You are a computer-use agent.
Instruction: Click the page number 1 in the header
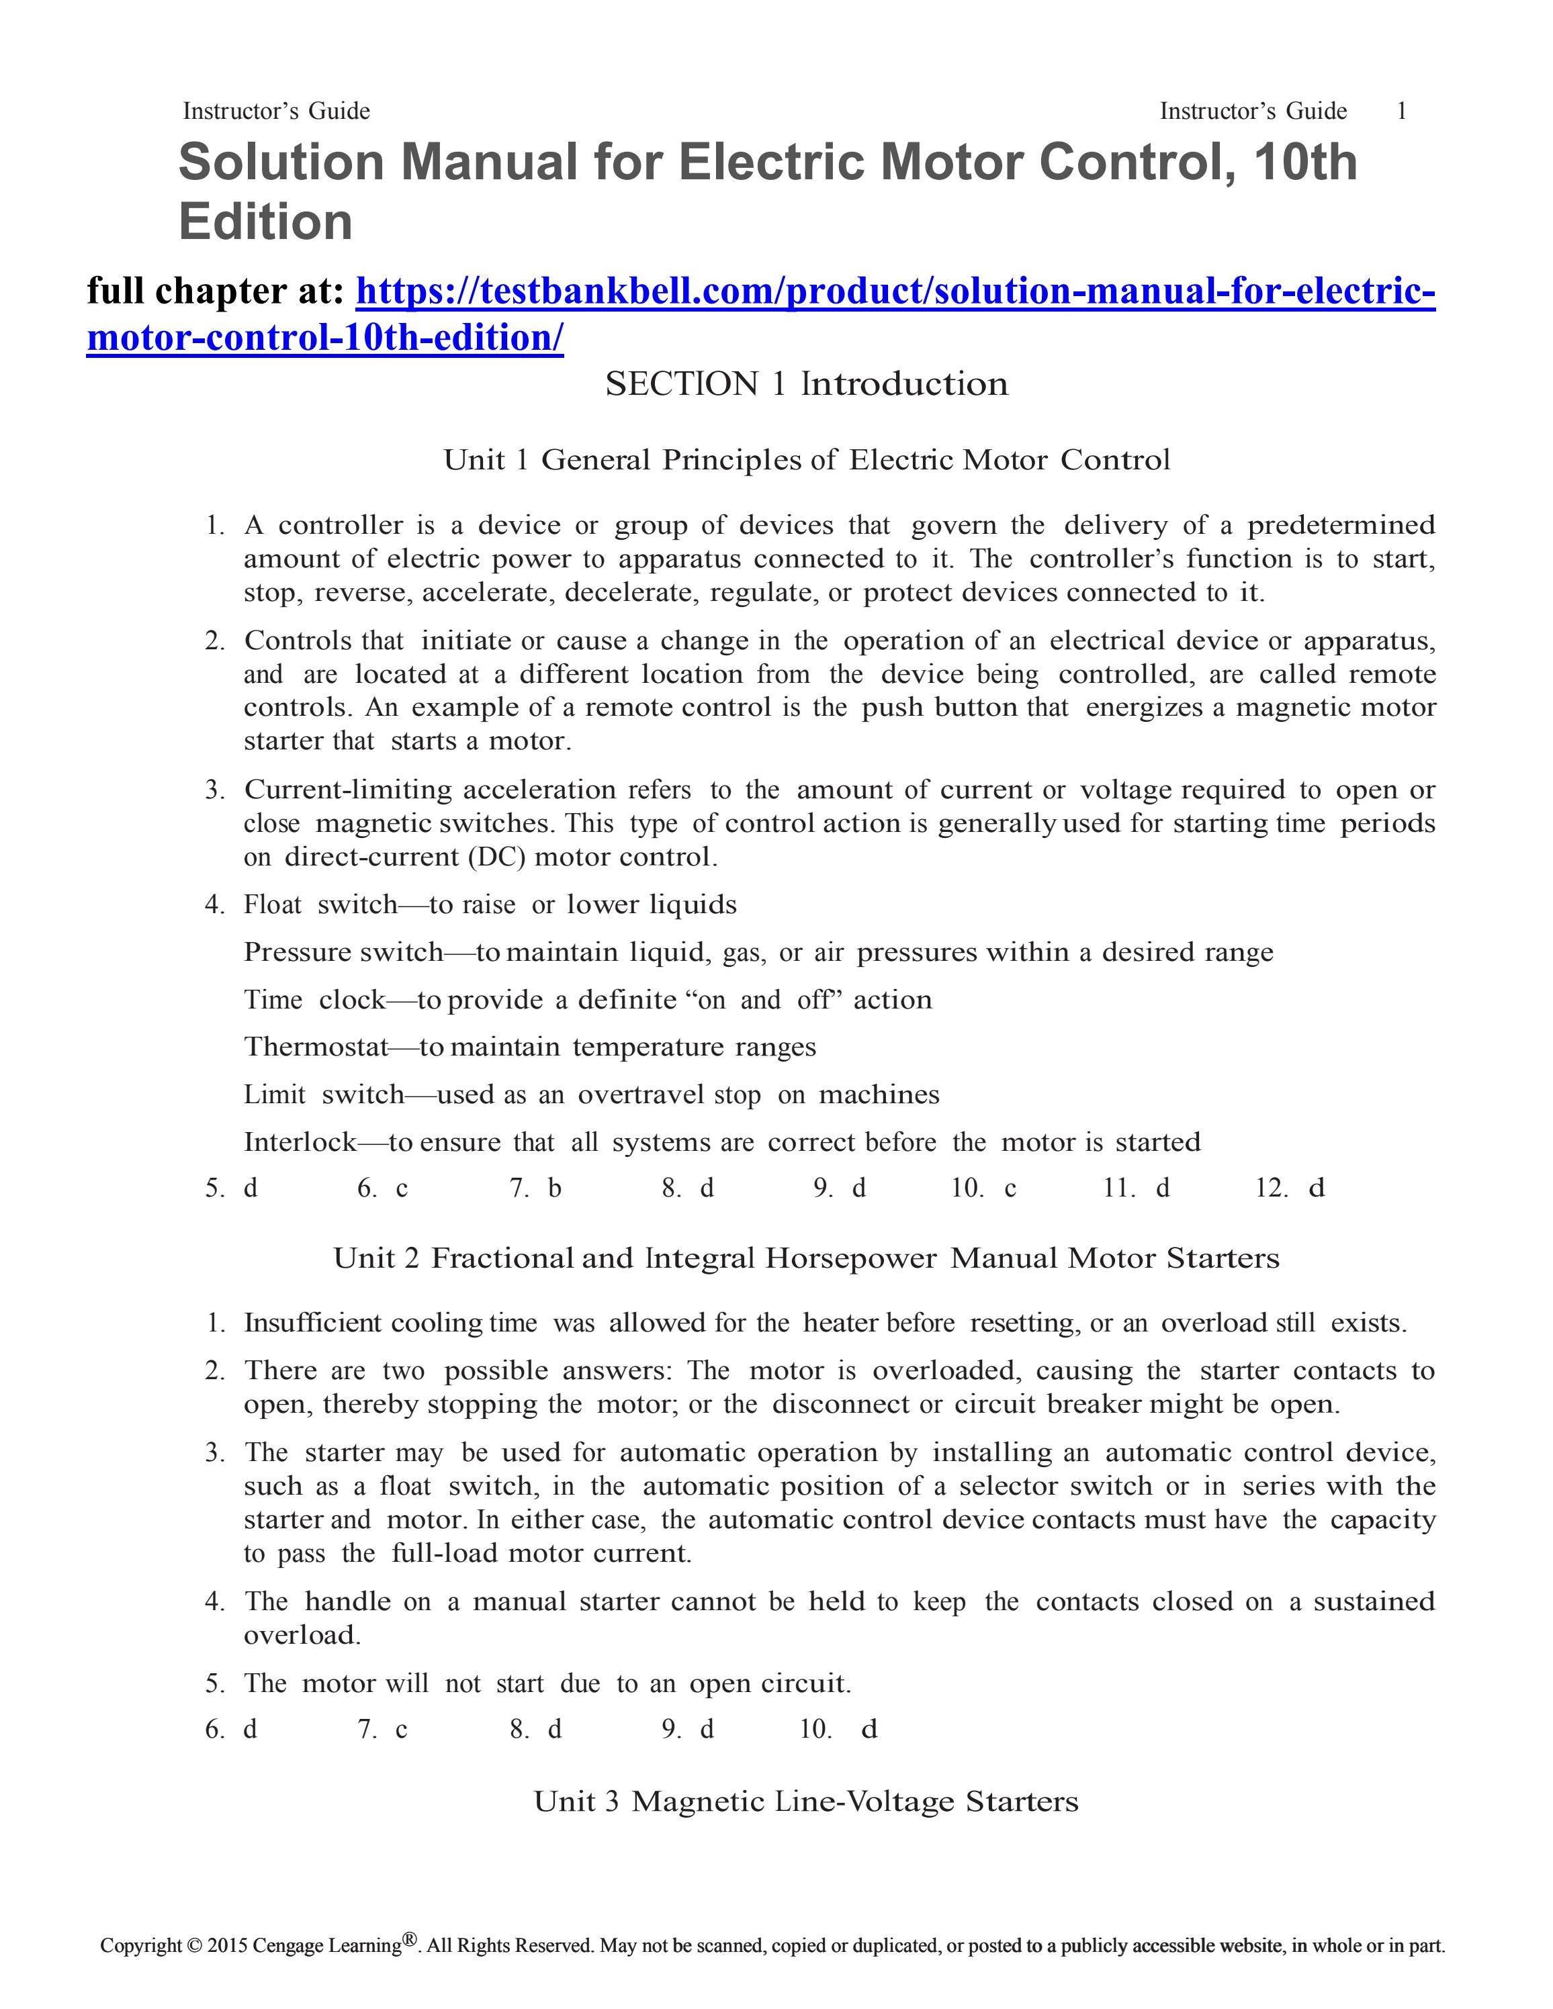(1401, 111)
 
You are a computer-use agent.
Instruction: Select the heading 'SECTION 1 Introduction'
(806, 383)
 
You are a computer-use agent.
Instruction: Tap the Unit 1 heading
(806, 459)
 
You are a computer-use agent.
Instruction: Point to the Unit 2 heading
(806, 1258)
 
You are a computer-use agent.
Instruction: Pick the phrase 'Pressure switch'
(343, 952)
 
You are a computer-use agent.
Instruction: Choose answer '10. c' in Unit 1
(983, 1188)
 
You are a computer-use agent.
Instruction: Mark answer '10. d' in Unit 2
(838, 1730)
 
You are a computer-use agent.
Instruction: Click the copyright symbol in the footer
(193, 1945)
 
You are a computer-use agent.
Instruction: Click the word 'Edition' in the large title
(266, 222)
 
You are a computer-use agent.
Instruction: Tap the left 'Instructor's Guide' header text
(276, 111)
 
